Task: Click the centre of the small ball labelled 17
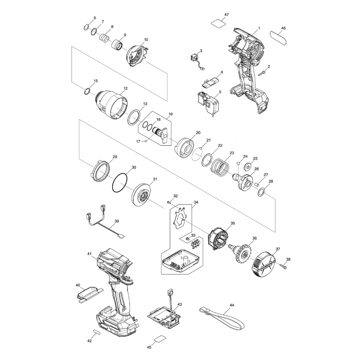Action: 145,141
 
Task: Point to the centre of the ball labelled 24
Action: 239,163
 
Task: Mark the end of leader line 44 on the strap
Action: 222,314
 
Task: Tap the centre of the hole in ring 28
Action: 261,192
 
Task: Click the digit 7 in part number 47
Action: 228,14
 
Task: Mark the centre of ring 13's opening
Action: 134,117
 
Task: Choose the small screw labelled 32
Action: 169,202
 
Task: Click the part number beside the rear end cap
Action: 278,249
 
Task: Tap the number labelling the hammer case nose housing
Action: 126,88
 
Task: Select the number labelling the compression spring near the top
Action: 112,27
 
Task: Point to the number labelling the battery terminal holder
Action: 180,304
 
